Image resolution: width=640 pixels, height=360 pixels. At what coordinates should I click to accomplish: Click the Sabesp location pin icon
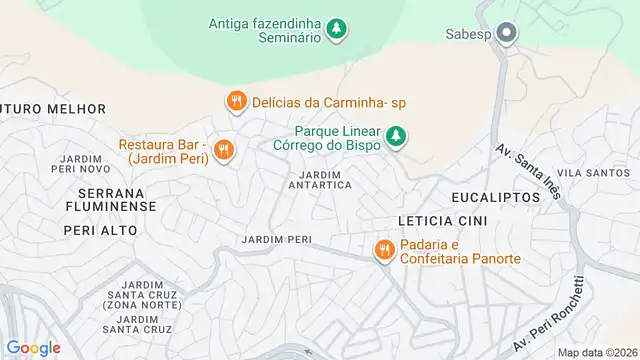coord(507,34)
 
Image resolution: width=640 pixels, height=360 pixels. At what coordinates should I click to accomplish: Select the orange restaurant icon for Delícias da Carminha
coord(236,101)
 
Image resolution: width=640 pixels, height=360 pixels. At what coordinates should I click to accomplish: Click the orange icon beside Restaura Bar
coord(224,150)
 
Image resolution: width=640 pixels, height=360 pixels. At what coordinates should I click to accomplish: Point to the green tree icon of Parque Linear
coord(397,135)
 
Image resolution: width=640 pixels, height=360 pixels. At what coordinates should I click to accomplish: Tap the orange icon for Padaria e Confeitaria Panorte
coord(383,251)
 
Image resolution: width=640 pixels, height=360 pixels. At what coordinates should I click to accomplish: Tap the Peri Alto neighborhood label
coord(100,230)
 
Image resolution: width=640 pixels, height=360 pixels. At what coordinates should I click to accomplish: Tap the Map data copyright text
coord(596,352)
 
